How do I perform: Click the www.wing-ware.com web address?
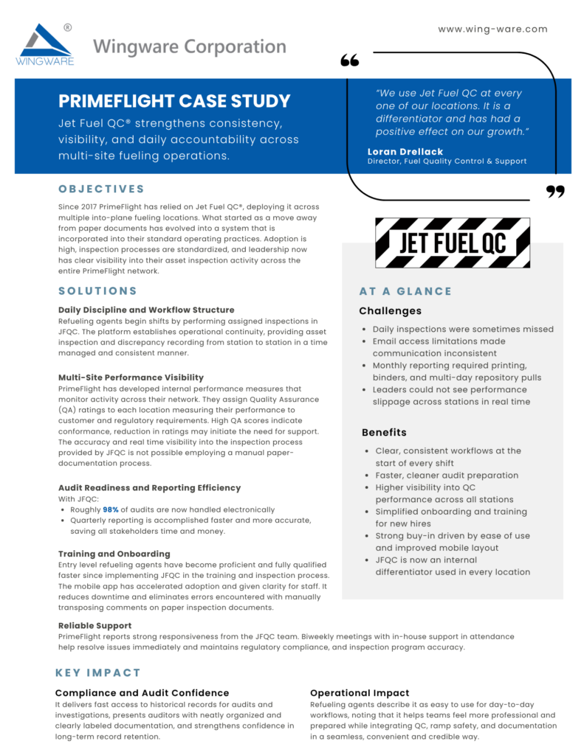click(492, 29)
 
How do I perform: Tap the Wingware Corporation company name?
click(190, 47)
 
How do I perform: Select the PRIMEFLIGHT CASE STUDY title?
click(174, 101)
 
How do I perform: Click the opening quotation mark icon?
click(349, 60)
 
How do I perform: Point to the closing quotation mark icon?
click(554, 192)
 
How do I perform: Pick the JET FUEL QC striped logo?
click(452, 243)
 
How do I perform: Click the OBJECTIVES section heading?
click(102, 189)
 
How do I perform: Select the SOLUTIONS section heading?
click(97, 290)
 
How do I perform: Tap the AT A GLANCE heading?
click(405, 291)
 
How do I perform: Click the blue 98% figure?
click(111, 509)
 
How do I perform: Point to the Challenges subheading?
click(390, 311)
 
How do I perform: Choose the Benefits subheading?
click(384, 432)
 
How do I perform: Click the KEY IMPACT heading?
click(97, 672)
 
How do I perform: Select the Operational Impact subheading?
click(360, 693)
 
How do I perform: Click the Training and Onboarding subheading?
click(114, 554)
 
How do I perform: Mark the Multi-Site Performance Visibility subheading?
click(131, 377)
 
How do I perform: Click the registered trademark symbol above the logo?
click(68, 27)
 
